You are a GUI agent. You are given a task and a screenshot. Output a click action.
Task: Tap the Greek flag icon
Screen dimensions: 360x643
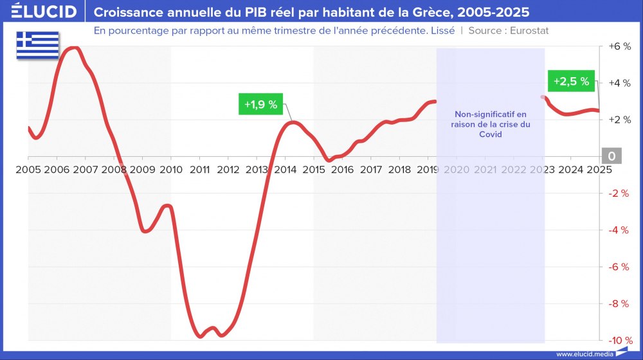(x=37, y=45)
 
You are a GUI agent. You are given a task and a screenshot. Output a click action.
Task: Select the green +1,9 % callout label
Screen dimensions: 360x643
(x=261, y=105)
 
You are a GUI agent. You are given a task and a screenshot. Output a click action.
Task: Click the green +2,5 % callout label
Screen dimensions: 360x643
(x=571, y=82)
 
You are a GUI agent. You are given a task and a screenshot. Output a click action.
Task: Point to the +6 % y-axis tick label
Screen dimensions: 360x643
(x=619, y=47)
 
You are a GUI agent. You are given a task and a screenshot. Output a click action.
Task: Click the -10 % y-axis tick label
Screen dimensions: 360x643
(x=619, y=340)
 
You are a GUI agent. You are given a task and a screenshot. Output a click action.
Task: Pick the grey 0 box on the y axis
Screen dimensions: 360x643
(x=611, y=156)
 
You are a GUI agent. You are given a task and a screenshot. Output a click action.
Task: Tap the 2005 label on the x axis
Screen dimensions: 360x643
(x=28, y=170)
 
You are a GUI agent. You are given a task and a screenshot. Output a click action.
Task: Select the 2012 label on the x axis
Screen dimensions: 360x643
(x=228, y=170)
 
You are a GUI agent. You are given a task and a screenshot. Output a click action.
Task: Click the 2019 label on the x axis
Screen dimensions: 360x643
(x=428, y=170)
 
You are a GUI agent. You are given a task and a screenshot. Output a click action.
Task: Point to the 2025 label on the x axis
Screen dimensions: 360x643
(x=599, y=170)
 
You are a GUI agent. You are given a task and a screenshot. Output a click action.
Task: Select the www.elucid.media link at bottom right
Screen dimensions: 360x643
(x=583, y=354)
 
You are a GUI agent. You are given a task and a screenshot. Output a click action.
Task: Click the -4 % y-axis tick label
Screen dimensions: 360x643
(x=619, y=230)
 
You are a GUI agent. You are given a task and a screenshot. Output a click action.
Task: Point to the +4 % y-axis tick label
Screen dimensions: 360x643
(x=619, y=83)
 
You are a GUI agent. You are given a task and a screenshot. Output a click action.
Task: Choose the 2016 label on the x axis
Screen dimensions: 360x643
(x=342, y=170)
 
